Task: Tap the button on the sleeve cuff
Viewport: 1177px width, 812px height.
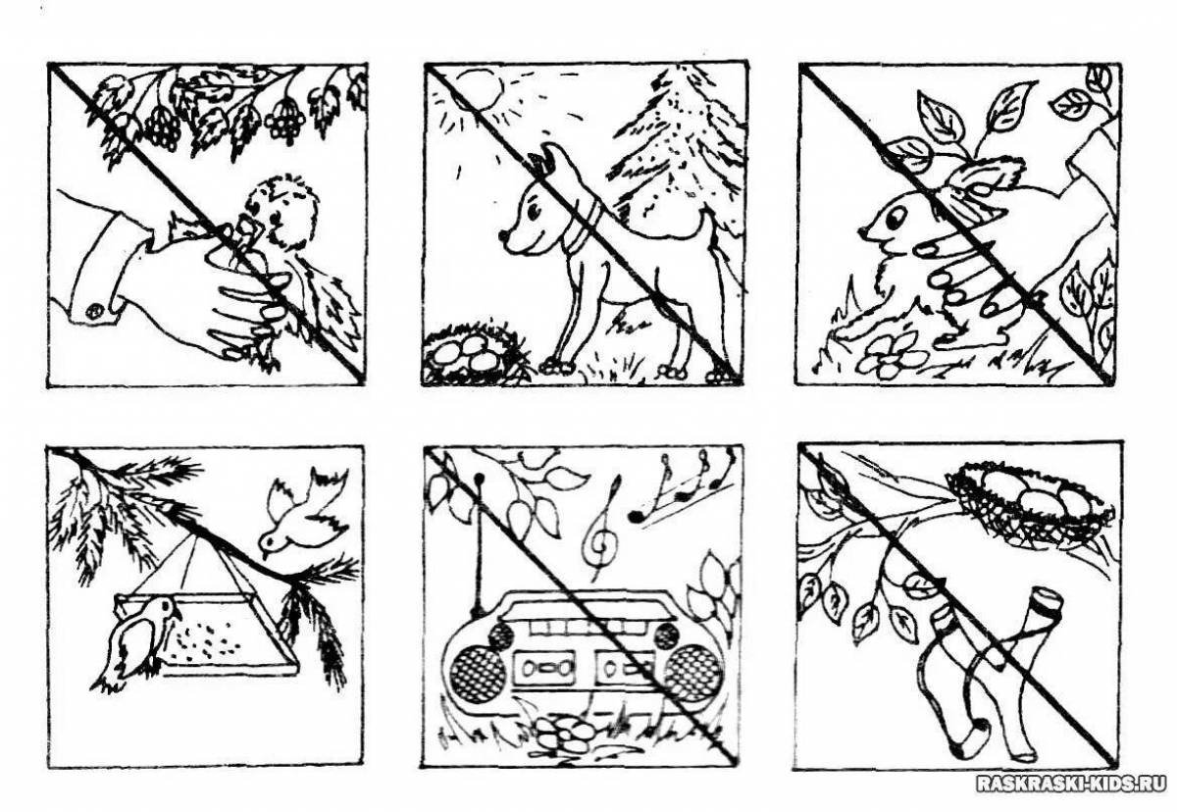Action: pyautogui.click(x=94, y=311)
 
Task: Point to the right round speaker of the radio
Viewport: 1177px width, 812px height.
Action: pyautogui.click(x=692, y=674)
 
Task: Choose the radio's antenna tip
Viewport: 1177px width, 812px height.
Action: pyautogui.click(x=479, y=478)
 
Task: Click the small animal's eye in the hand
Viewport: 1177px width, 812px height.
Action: pyautogui.click(x=894, y=217)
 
